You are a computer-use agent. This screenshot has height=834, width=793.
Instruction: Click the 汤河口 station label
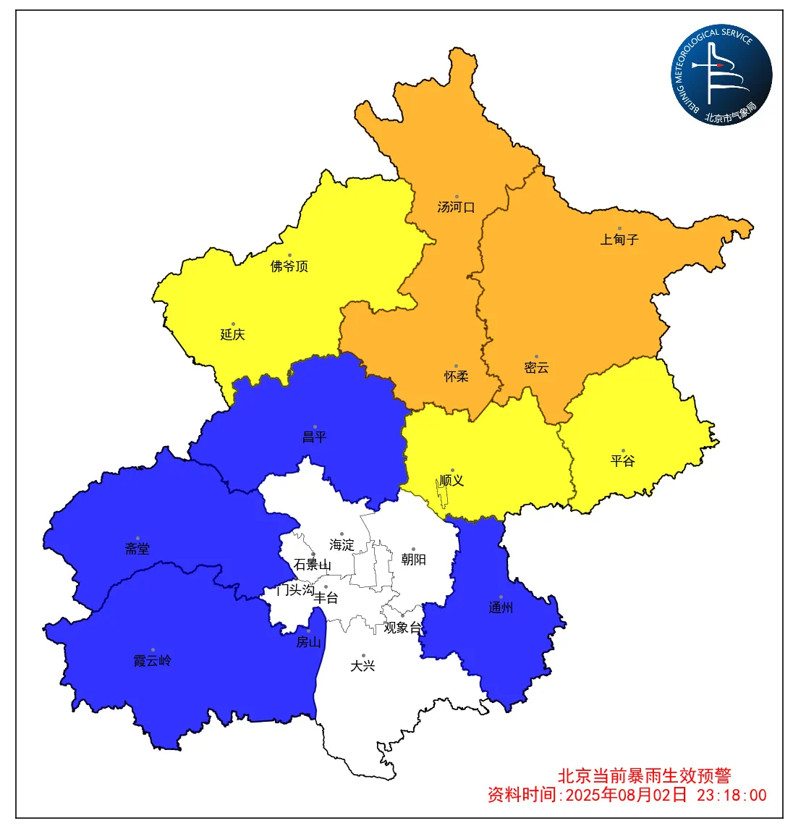(456, 207)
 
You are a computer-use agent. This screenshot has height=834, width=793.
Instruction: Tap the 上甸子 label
(619, 240)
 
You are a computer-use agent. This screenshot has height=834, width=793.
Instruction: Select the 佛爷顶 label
(289, 266)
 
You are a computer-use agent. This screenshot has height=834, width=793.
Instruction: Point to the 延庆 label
(233, 334)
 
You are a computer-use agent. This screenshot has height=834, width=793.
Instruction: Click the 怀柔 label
(457, 376)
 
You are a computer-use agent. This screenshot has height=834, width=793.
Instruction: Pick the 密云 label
(537, 368)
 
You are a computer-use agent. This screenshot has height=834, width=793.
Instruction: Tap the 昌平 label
(315, 437)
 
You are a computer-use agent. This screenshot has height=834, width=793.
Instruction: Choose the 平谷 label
(623, 460)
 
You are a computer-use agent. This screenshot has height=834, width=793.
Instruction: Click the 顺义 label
(452, 481)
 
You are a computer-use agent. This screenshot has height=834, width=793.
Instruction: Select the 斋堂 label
(137, 549)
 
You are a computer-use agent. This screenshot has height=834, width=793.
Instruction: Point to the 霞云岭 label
(153, 661)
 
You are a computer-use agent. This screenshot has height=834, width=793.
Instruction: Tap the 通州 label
(501, 608)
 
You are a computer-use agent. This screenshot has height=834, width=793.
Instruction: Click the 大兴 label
(363, 666)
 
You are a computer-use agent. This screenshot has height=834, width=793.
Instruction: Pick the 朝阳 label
(414, 560)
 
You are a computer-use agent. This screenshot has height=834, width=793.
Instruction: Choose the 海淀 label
(342, 544)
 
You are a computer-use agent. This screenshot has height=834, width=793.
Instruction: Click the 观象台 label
(402, 628)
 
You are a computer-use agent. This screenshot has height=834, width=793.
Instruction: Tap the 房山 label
(309, 642)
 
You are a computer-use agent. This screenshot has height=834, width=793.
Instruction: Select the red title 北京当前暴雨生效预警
(645, 775)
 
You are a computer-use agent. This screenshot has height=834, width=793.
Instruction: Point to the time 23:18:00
(731, 795)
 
